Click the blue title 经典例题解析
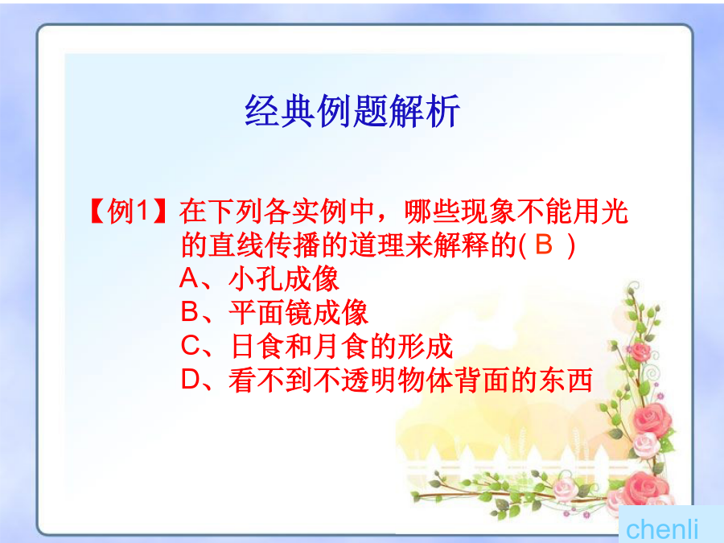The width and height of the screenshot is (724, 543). (352, 111)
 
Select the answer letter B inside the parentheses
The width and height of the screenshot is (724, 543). (544, 245)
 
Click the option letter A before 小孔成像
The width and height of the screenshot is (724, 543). (189, 278)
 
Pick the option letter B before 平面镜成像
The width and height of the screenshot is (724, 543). (190, 311)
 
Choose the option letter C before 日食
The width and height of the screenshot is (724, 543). (190, 345)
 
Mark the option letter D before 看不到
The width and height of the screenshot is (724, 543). (190, 380)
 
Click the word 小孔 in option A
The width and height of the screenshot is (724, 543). (256, 279)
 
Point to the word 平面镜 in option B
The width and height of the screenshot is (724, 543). (270, 312)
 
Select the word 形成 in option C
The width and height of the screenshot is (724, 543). (425, 346)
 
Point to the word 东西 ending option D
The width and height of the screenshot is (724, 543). (565, 380)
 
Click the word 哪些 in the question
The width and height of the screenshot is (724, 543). (432, 212)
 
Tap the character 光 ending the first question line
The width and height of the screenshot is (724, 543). (615, 212)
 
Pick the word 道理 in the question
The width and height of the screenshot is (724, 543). (376, 245)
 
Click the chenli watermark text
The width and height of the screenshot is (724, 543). (662, 529)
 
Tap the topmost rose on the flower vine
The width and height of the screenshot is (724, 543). (640, 352)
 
